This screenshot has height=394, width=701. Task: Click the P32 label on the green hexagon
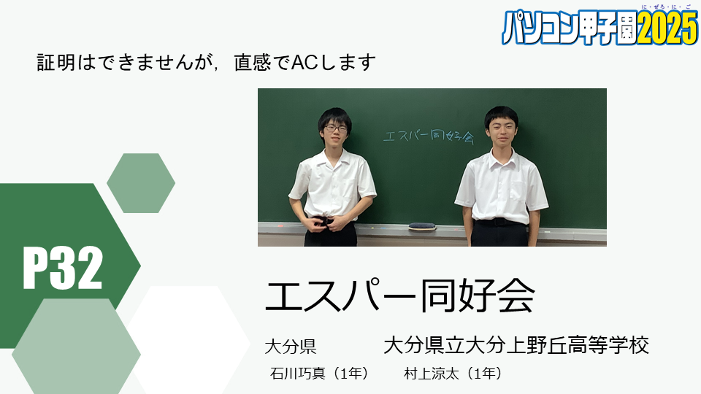63,268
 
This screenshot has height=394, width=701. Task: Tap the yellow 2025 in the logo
667,28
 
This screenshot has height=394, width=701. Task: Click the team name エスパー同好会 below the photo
399,295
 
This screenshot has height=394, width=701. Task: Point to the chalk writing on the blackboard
429,136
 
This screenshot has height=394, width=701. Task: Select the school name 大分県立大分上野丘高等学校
516,345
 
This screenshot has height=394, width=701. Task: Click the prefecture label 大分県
291,347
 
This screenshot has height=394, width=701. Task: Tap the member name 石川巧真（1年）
319,373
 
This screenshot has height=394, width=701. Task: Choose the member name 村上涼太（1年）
453,373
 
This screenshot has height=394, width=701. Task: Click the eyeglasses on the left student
336,128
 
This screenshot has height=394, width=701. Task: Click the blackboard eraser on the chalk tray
422,226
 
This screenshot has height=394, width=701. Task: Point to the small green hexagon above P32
141,183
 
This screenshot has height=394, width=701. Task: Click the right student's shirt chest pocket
518,190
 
